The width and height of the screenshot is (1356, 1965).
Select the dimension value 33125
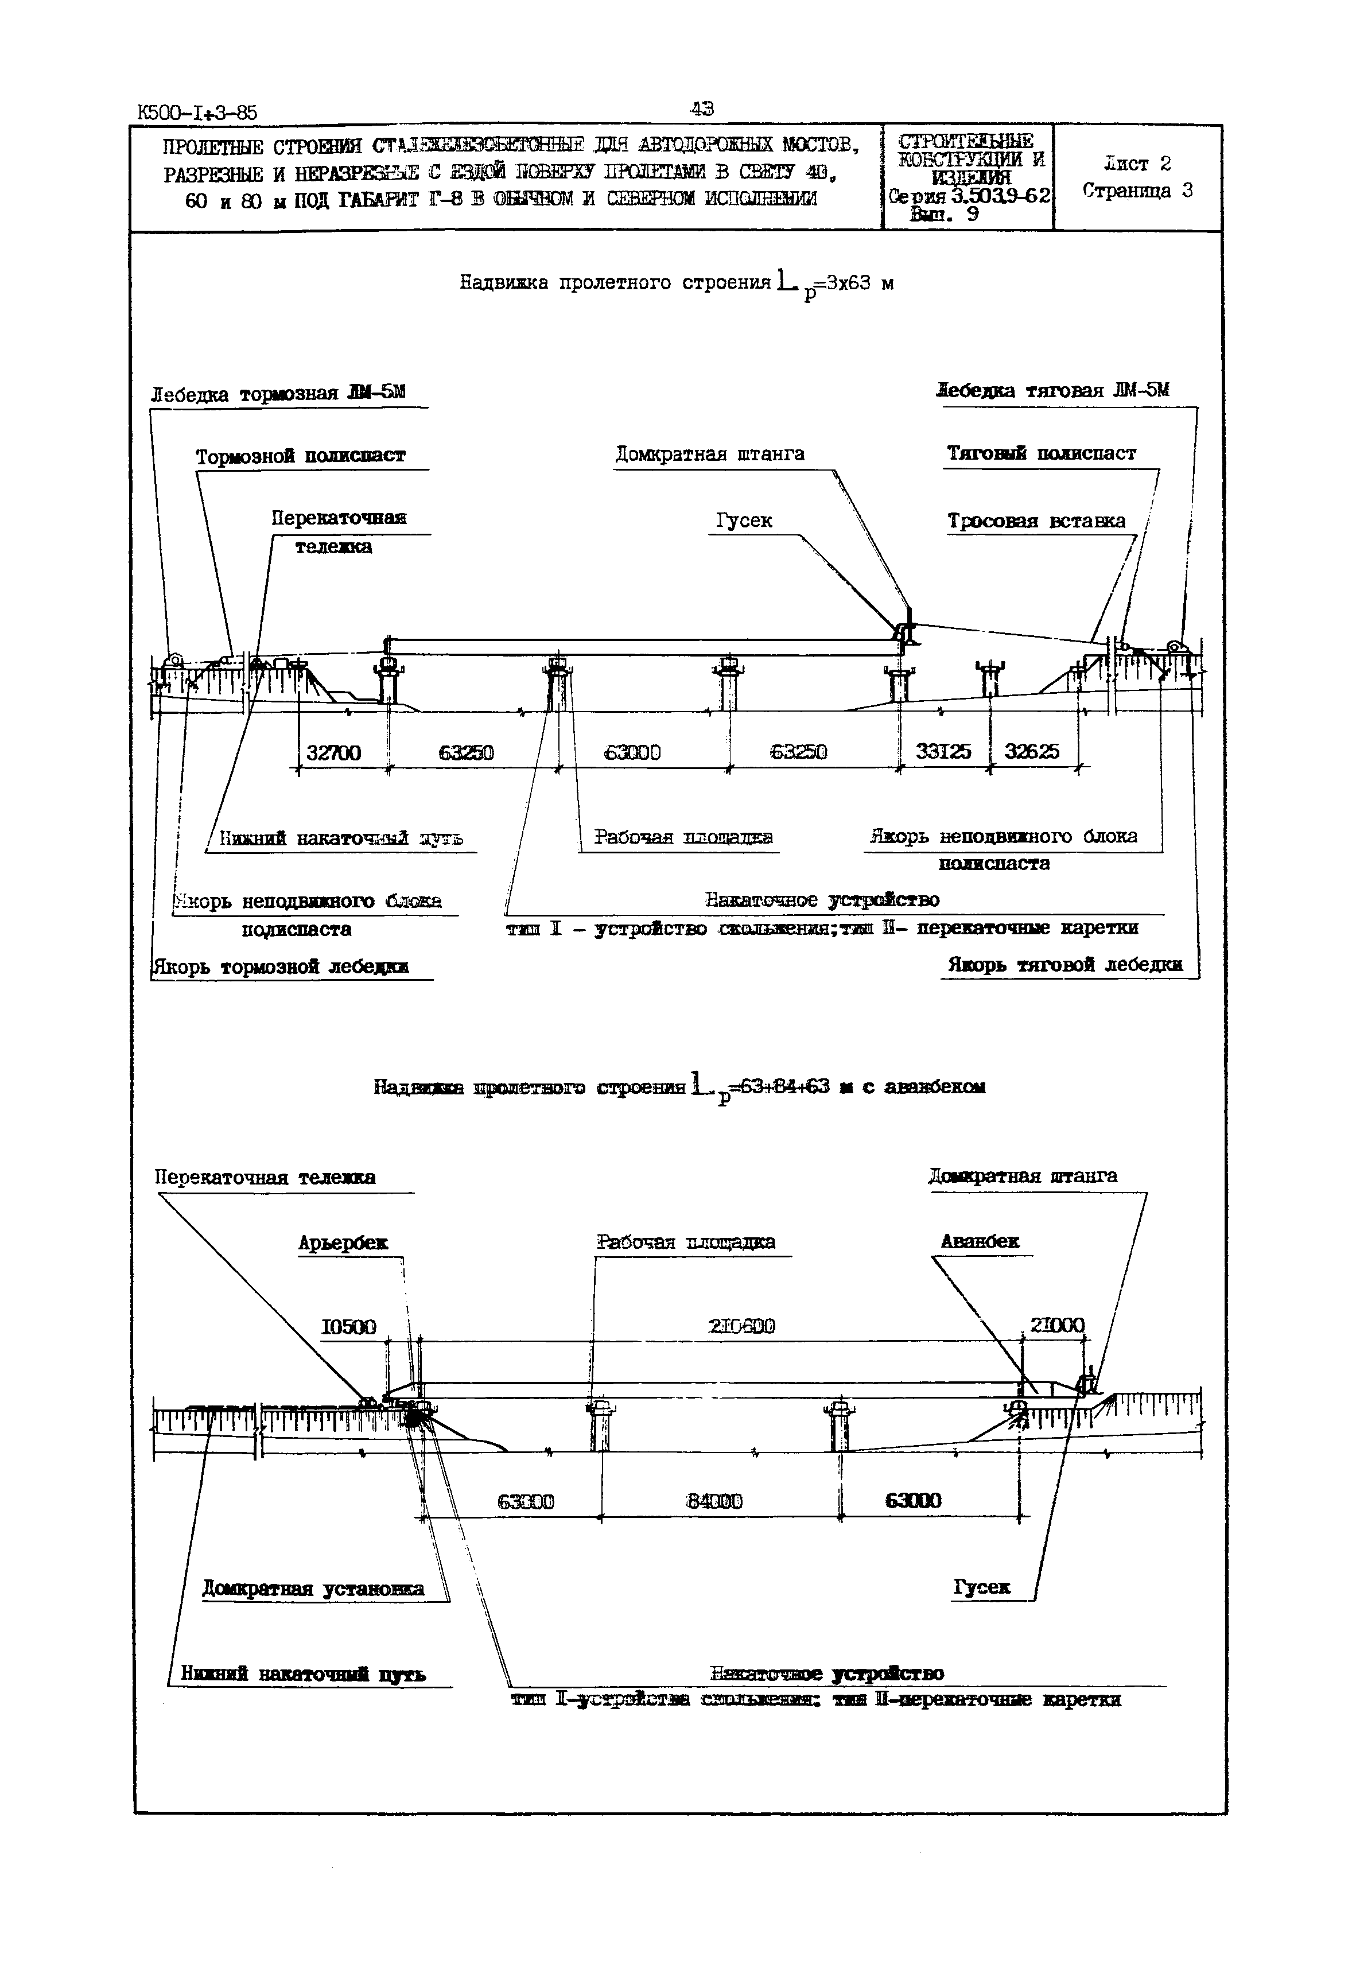[x=943, y=752]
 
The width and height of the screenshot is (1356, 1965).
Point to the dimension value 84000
[x=714, y=1501]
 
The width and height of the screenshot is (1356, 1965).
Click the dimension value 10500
[x=348, y=1327]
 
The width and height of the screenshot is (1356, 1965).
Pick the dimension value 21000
[x=1057, y=1325]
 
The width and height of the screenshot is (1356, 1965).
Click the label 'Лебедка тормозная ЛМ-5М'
[x=278, y=393]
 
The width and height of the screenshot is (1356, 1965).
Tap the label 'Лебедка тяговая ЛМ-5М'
[x=1052, y=391]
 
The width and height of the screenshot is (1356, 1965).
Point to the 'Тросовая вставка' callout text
[x=1036, y=521]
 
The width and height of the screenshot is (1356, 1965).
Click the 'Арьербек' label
[x=343, y=1242]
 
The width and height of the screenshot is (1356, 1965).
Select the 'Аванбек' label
[x=980, y=1241]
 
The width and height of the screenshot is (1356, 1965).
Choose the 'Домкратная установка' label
[x=313, y=1589]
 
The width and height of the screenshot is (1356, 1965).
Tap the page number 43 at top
[x=702, y=108]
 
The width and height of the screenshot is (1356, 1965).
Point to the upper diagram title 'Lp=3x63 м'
[x=677, y=284]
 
